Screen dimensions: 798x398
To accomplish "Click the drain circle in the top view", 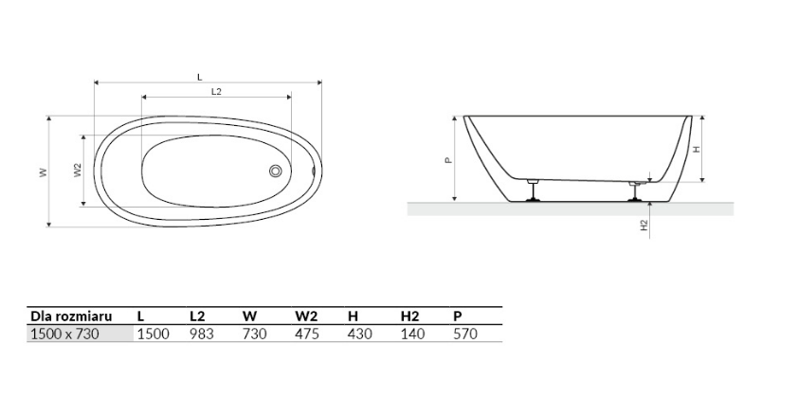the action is pyautogui.click(x=276, y=171).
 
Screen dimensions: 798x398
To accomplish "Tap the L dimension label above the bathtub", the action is pyautogui.click(x=200, y=77).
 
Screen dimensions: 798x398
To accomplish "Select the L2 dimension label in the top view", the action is pyautogui.click(x=216, y=92).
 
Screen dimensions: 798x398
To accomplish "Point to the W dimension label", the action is pyautogui.click(x=44, y=172).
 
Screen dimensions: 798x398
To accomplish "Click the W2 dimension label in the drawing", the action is pyautogui.click(x=78, y=170).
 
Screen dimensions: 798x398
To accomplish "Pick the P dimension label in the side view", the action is pyautogui.click(x=448, y=160).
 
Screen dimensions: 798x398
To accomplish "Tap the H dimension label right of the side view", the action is pyautogui.click(x=697, y=149).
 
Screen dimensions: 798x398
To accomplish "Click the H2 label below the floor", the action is pyautogui.click(x=644, y=226).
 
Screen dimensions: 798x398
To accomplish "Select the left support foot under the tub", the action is pyautogui.click(x=533, y=190).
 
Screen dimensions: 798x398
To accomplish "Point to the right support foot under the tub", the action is pyautogui.click(x=635, y=190).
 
